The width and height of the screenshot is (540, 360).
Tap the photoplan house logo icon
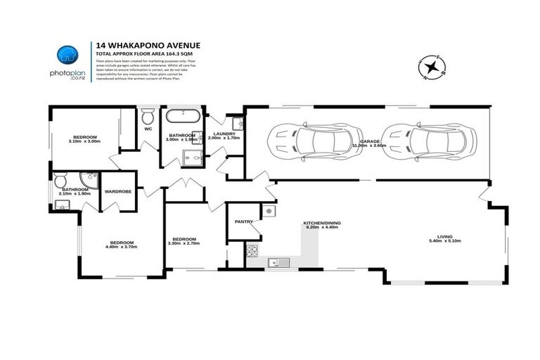(67, 55)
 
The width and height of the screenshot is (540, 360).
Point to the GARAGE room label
(370, 142)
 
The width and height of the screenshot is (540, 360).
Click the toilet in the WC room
(148, 116)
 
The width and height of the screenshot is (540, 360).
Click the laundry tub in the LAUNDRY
(237, 124)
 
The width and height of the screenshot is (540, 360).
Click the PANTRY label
(244, 221)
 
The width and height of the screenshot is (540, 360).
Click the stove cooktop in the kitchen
(252, 251)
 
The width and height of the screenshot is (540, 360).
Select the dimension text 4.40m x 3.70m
(120, 247)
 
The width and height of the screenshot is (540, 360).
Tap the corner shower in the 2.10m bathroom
(88, 179)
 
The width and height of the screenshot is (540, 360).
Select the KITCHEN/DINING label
(321, 223)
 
